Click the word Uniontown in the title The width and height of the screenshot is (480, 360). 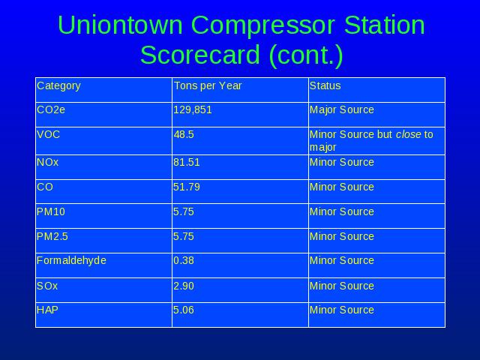tap(120, 25)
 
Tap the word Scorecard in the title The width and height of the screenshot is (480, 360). tap(200, 55)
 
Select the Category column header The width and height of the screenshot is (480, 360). tap(58, 86)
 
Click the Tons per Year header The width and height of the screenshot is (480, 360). tap(208, 86)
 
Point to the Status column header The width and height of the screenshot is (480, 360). tap(325, 85)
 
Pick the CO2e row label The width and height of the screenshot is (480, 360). tap(51, 109)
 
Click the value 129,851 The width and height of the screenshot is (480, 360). tap(193, 110)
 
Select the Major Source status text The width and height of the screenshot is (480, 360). tap(342, 110)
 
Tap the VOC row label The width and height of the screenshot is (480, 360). tap(48, 134)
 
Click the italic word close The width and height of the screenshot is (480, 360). tap(408, 134)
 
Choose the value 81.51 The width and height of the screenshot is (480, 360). tap(187, 162)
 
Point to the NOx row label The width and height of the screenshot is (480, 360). tap(47, 162)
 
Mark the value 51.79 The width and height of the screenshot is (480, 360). tap(187, 187)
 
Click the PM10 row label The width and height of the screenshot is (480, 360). tap(51, 211)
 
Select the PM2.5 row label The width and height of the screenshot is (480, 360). tap(52, 237)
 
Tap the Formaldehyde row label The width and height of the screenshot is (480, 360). tap(71, 261)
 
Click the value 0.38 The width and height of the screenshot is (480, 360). tap(184, 260)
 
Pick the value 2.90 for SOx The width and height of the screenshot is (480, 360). tap(184, 286)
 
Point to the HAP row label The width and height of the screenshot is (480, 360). tap(47, 310)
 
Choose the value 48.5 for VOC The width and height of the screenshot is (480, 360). tap(184, 135)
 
